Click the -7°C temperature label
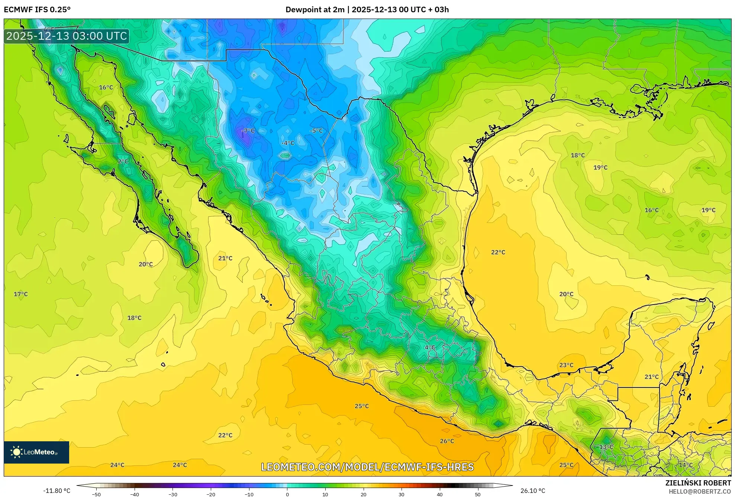coord(248,131)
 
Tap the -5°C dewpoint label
coord(316,131)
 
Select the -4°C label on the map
coord(288,143)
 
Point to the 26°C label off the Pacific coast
coord(447,441)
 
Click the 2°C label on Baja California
coord(123,162)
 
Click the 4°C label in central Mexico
coord(430,348)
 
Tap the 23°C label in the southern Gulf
coord(566,366)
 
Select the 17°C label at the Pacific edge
coord(21,294)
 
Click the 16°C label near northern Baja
coord(106,88)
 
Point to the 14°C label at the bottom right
coord(686,465)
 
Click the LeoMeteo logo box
coord(36,452)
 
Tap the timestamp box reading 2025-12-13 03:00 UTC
coord(67,36)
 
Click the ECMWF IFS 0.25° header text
coord(37,10)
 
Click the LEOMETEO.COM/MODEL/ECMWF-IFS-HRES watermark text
coord(367,467)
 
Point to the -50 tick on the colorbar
coord(96,494)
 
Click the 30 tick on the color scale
coord(402,494)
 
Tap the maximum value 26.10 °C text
coord(533,491)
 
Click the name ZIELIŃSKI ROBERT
coord(698,483)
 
